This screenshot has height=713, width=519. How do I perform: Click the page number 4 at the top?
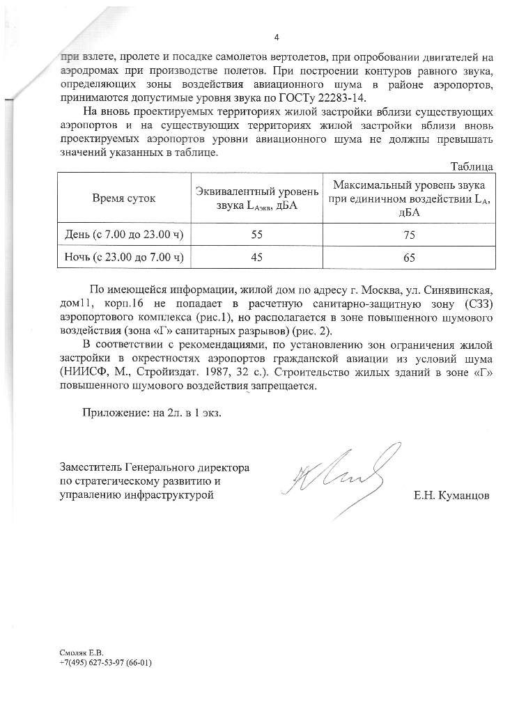277,37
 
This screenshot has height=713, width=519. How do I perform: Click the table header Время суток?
124,198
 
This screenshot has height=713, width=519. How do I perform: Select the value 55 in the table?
256,235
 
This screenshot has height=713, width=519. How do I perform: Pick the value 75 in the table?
409,236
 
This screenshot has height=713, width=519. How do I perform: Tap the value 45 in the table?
256,258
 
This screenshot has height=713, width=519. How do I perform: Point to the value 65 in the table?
409,258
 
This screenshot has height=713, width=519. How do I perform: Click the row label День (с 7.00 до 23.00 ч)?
124,235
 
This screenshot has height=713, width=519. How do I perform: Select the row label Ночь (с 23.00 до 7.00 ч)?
124,258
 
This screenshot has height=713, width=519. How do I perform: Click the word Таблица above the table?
472,166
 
